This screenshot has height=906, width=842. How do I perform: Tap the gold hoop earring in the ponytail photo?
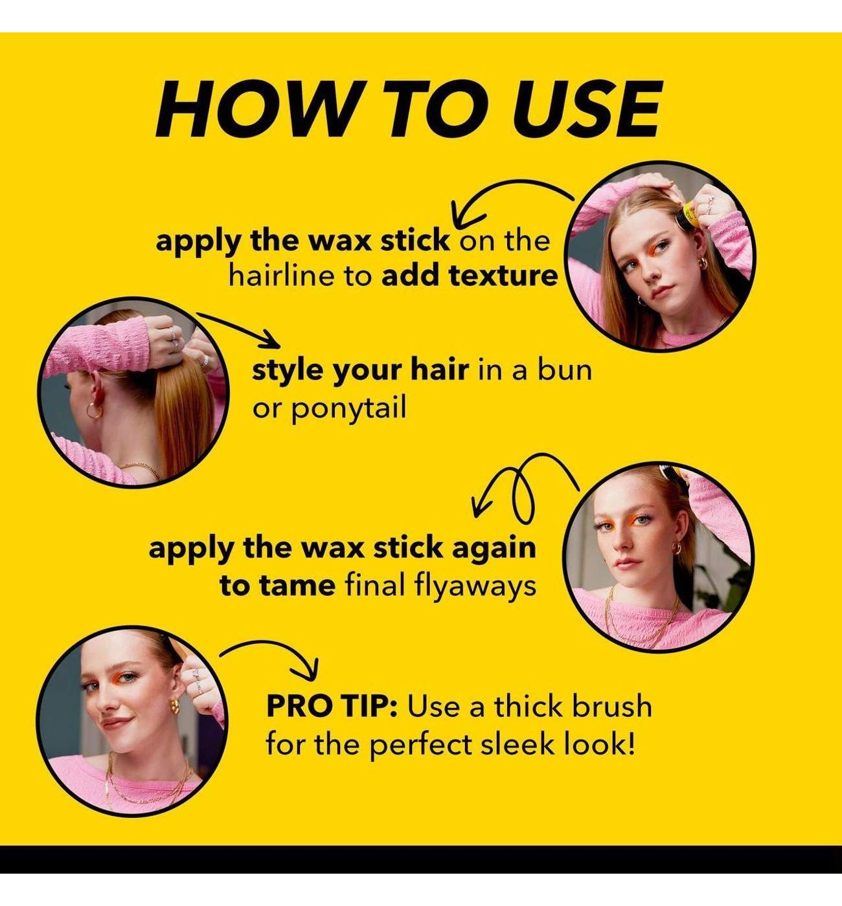94,409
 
